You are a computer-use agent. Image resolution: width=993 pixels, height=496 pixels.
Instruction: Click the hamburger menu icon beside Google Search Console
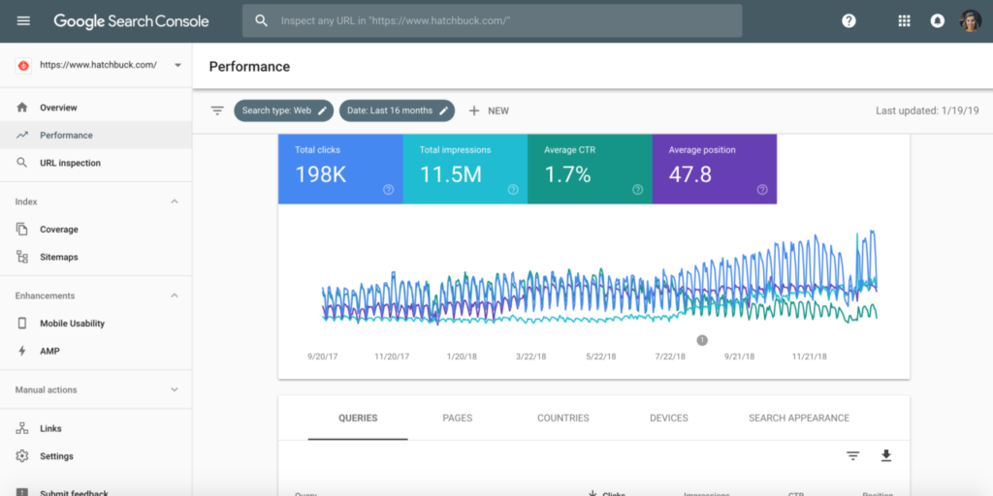pos(23,20)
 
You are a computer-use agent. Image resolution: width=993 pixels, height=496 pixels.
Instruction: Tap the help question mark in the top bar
pos(849,20)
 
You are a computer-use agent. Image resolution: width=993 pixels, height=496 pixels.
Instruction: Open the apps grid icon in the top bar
pos(904,20)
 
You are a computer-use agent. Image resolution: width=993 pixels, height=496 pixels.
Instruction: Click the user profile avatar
pos(970,20)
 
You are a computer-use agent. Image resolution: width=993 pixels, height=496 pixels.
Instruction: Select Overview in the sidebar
pos(58,108)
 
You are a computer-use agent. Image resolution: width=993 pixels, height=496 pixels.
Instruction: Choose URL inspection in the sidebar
pos(70,163)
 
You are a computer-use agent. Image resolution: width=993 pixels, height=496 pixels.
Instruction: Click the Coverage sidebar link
pos(58,230)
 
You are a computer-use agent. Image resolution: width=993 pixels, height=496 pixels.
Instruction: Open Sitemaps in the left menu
pos(58,257)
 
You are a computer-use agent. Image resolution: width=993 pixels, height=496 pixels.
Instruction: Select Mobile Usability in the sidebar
pos(72,324)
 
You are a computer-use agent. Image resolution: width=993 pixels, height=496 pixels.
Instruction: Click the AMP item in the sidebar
pos(49,351)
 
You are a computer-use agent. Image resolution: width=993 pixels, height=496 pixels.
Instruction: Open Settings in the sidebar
pos(56,456)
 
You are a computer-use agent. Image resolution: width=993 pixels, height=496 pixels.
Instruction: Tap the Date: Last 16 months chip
pos(397,110)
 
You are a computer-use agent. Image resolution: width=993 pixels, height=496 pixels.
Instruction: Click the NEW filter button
pos(489,110)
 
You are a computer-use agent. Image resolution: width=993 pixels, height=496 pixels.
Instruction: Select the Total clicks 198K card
pos(339,170)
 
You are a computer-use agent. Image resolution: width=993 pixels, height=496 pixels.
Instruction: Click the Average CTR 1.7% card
pos(589,170)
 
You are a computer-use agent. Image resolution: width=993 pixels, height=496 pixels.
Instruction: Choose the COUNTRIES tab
pos(562,418)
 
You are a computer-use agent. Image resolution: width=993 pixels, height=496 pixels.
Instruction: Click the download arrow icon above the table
pos(885,455)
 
